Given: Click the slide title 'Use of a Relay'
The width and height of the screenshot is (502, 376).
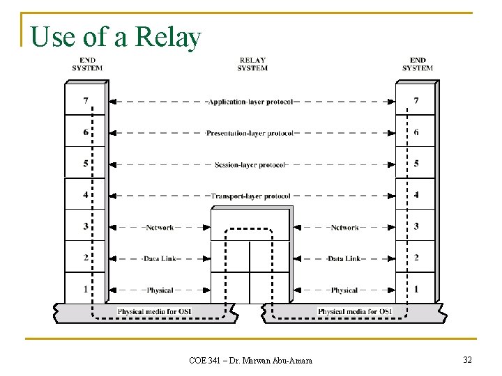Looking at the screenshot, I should [116, 37].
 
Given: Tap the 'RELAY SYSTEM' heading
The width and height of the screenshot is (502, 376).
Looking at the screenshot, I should [252, 64].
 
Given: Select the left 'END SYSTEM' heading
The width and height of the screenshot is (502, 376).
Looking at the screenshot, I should [87, 64].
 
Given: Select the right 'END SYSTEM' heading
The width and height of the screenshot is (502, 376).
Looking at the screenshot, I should [417, 64].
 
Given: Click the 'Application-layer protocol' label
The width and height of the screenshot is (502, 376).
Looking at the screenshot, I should [251, 102].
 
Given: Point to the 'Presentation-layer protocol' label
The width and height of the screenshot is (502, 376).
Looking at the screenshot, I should [250, 133].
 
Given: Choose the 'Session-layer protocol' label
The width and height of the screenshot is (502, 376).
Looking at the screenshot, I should [250, 165].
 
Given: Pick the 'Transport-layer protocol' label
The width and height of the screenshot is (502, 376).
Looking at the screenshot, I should [250, 196].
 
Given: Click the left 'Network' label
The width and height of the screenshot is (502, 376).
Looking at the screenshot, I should [160, 228].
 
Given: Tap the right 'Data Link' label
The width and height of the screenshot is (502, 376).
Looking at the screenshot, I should [344, 259].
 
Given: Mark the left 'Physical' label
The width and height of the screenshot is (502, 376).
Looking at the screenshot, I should [160, 290].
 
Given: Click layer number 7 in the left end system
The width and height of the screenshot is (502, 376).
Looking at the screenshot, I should [86, 101].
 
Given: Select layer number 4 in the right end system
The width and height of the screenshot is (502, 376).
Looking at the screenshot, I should [416, 195].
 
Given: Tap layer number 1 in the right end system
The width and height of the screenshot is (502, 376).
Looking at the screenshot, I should [416, 289].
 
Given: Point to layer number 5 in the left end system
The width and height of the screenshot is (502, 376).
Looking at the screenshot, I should [86, 164].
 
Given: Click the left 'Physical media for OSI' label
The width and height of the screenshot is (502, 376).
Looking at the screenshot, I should [154, 311].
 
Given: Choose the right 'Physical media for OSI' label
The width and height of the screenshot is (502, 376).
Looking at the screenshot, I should [354, 311].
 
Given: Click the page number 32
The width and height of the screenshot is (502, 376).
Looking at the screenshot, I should [467, 359].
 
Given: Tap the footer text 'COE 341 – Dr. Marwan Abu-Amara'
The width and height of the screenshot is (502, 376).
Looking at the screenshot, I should [251, 360].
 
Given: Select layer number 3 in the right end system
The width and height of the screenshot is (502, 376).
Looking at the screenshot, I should [416, 226].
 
